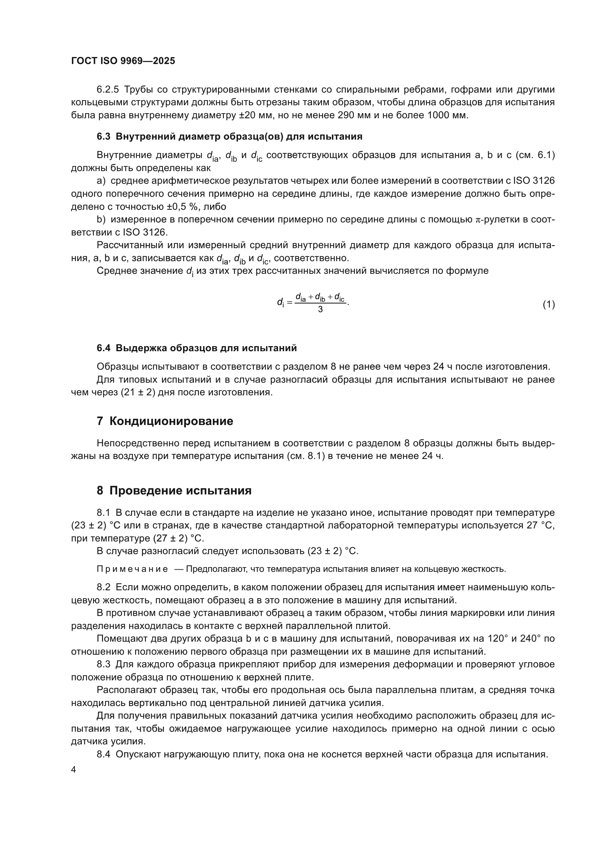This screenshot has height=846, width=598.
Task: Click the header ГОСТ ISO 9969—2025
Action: tap(123, 61)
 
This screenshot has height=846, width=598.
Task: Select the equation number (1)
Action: tap(548, 304)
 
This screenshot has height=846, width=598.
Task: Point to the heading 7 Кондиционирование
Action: tap(165, 421)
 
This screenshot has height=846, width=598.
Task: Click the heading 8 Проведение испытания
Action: tap(174, 491)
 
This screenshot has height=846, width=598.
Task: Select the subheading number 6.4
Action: tap(103, 348)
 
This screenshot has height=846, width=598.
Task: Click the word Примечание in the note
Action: tap(132, 569)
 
